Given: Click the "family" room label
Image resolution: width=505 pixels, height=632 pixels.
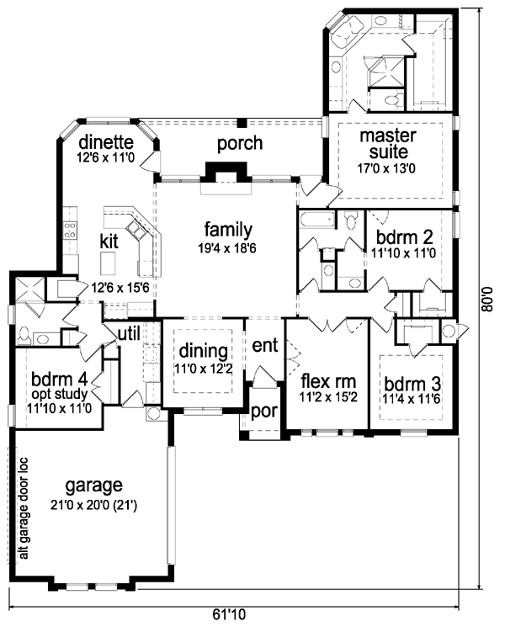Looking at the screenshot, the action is pyautogui.click(x=228, y=230).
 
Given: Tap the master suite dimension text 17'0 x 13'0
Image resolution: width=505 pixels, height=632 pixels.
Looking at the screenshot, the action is pyautogui.click(x=386, y=168).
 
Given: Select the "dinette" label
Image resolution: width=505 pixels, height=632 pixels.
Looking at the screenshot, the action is pyautogui.click(x=106, y=142).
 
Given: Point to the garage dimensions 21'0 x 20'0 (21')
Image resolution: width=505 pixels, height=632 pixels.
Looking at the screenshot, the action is pyautogui.click(x=94, y=505).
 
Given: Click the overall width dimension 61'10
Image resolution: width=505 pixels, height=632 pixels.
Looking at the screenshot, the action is pyautogui.click(x=229, y=614).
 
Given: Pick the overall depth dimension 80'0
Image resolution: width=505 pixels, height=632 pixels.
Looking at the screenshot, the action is pyautogui.click(x=487, y=299).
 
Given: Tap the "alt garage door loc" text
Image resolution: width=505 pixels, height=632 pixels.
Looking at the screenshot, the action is pyautogui.click(x=24, y=508).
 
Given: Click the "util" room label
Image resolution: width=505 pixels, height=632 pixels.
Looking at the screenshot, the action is pyautogui.click(x=129, y=333).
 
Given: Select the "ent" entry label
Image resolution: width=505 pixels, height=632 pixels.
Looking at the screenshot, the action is pyautogui.click(x=265, y=345).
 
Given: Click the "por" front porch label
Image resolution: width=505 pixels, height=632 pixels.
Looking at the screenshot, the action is pyautogui.click(x=264, y=412).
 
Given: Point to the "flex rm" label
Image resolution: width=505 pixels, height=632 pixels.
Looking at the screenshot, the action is pyautogui.click(x=328, y=381).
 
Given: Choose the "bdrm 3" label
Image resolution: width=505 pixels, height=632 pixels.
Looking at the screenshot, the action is pyautogui.click(x=412, y=383).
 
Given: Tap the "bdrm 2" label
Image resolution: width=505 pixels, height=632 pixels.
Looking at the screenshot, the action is pyautogui.click(x=404, y=237).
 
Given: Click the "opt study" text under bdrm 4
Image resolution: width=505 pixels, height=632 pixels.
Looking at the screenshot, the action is pyautogui.click(x=59, y=393).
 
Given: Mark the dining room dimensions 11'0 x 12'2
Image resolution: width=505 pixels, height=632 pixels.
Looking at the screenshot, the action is pyautogui.click(x=204, y=369).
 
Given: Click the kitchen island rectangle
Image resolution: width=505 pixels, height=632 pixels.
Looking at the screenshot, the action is pyautogui.click(x=108, y=263).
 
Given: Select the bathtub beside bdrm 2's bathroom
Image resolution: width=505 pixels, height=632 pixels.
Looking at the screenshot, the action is pyautogui.click(x=317, y=220).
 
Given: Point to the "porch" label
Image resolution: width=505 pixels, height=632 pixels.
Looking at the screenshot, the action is pyautogui.click(x=240, y=144).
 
